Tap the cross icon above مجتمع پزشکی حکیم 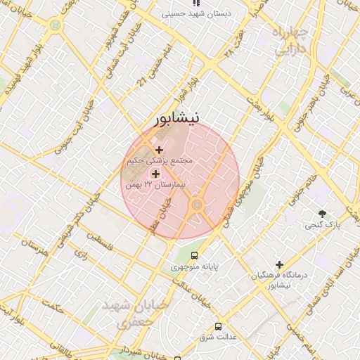coord(160,149)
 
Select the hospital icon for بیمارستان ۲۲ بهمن coord(155,173)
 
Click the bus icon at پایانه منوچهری coord(194,256)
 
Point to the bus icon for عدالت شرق coord(219,327)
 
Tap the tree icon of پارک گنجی coord(323,213)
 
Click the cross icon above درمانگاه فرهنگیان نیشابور coord(280,264)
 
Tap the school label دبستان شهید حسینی coord(200,13)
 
